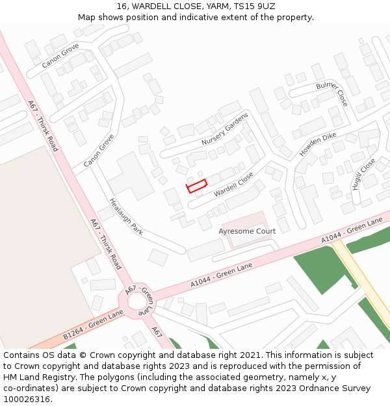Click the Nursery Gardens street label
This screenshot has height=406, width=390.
click(225, 129)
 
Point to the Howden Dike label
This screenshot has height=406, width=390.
click(318, 144)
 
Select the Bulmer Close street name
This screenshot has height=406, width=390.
click(332, 94)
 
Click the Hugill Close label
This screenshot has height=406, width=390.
click(363, 173)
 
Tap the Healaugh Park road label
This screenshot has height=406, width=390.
click(125, 216)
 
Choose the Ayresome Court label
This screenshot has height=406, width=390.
click(247, 231)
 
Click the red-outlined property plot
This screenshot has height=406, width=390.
click(196, 186)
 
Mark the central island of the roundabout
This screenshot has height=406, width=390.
click(138, 303)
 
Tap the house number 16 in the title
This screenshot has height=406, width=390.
click(122, 6)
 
